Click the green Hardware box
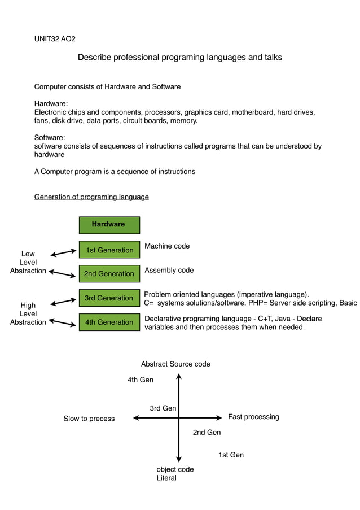pos(109,225)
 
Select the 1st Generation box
pos(109,250)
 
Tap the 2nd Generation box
pos(109,274)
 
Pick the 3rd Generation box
pos(109,298)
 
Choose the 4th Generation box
pos(109,322)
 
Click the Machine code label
pos(167,246)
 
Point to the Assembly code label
pos(169,271)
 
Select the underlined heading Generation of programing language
pos(91,197)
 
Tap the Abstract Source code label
pos(175,364)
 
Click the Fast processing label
pos(253,417)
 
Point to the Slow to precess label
pos(89,419)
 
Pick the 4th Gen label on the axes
pos(141,380)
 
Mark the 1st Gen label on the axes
pos(231,455)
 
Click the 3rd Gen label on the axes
pos(163,408)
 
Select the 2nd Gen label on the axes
pos(207,433)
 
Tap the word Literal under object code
pos(166,478)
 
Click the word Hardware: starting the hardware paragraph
pos(51,104)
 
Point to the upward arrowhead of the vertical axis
pos(179,376)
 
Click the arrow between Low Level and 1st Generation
pos(63,253)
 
